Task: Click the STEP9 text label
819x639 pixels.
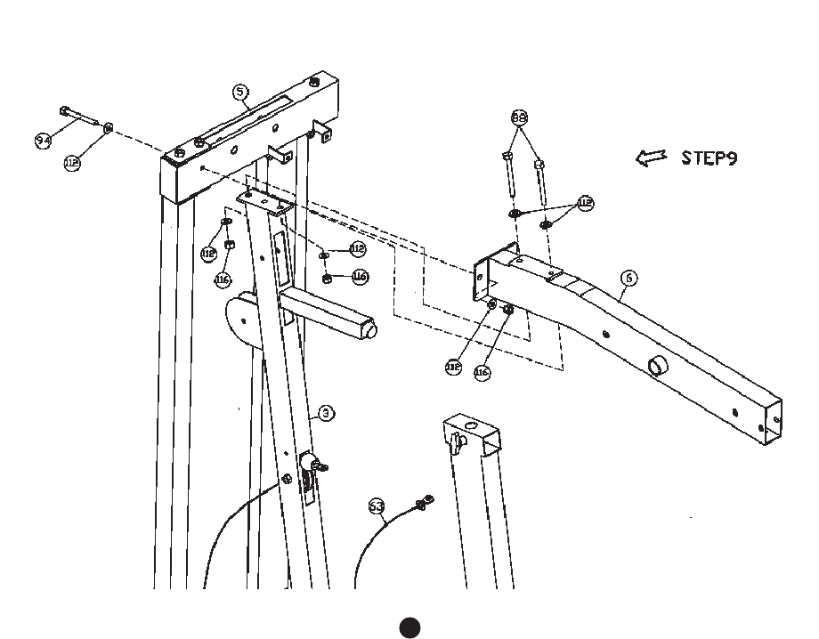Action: (x=709, y=158)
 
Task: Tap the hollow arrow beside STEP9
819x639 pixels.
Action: (x=651, y=158)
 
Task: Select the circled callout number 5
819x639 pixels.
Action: (x=240, y=92)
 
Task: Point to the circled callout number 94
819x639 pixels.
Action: (x=44, y=141)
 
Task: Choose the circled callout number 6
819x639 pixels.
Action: (x=629, y=279)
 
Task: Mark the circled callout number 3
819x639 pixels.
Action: (x=327, y=413)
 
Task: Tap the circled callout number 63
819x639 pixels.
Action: (x=377, y=507)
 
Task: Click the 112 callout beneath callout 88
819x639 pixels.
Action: (x=585, y=204)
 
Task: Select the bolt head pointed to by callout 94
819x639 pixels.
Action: (x=65, y=110)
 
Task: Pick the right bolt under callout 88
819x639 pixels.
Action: (x=539, y=165)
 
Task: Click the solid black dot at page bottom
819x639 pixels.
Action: (x=409, y=627)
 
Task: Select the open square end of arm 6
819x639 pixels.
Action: (x=772, y=424)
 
